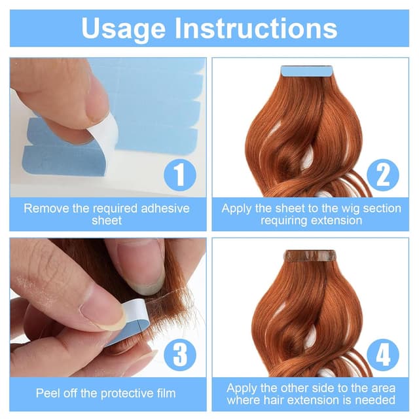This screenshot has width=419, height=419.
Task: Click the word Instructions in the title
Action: pos(256,27)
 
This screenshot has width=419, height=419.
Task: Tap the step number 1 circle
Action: pos(180,175)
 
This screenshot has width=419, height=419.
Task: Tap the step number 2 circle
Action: pos(382,175)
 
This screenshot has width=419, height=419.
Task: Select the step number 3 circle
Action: pos(180,355)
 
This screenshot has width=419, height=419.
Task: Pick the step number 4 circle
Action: pos(382,355)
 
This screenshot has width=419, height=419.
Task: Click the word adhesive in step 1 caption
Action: pos(165,208)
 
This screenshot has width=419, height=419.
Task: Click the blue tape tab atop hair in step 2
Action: pos(306,71)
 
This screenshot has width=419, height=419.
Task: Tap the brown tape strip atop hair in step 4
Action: pos(310,255)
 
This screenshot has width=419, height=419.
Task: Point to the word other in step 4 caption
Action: pos(283,388)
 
